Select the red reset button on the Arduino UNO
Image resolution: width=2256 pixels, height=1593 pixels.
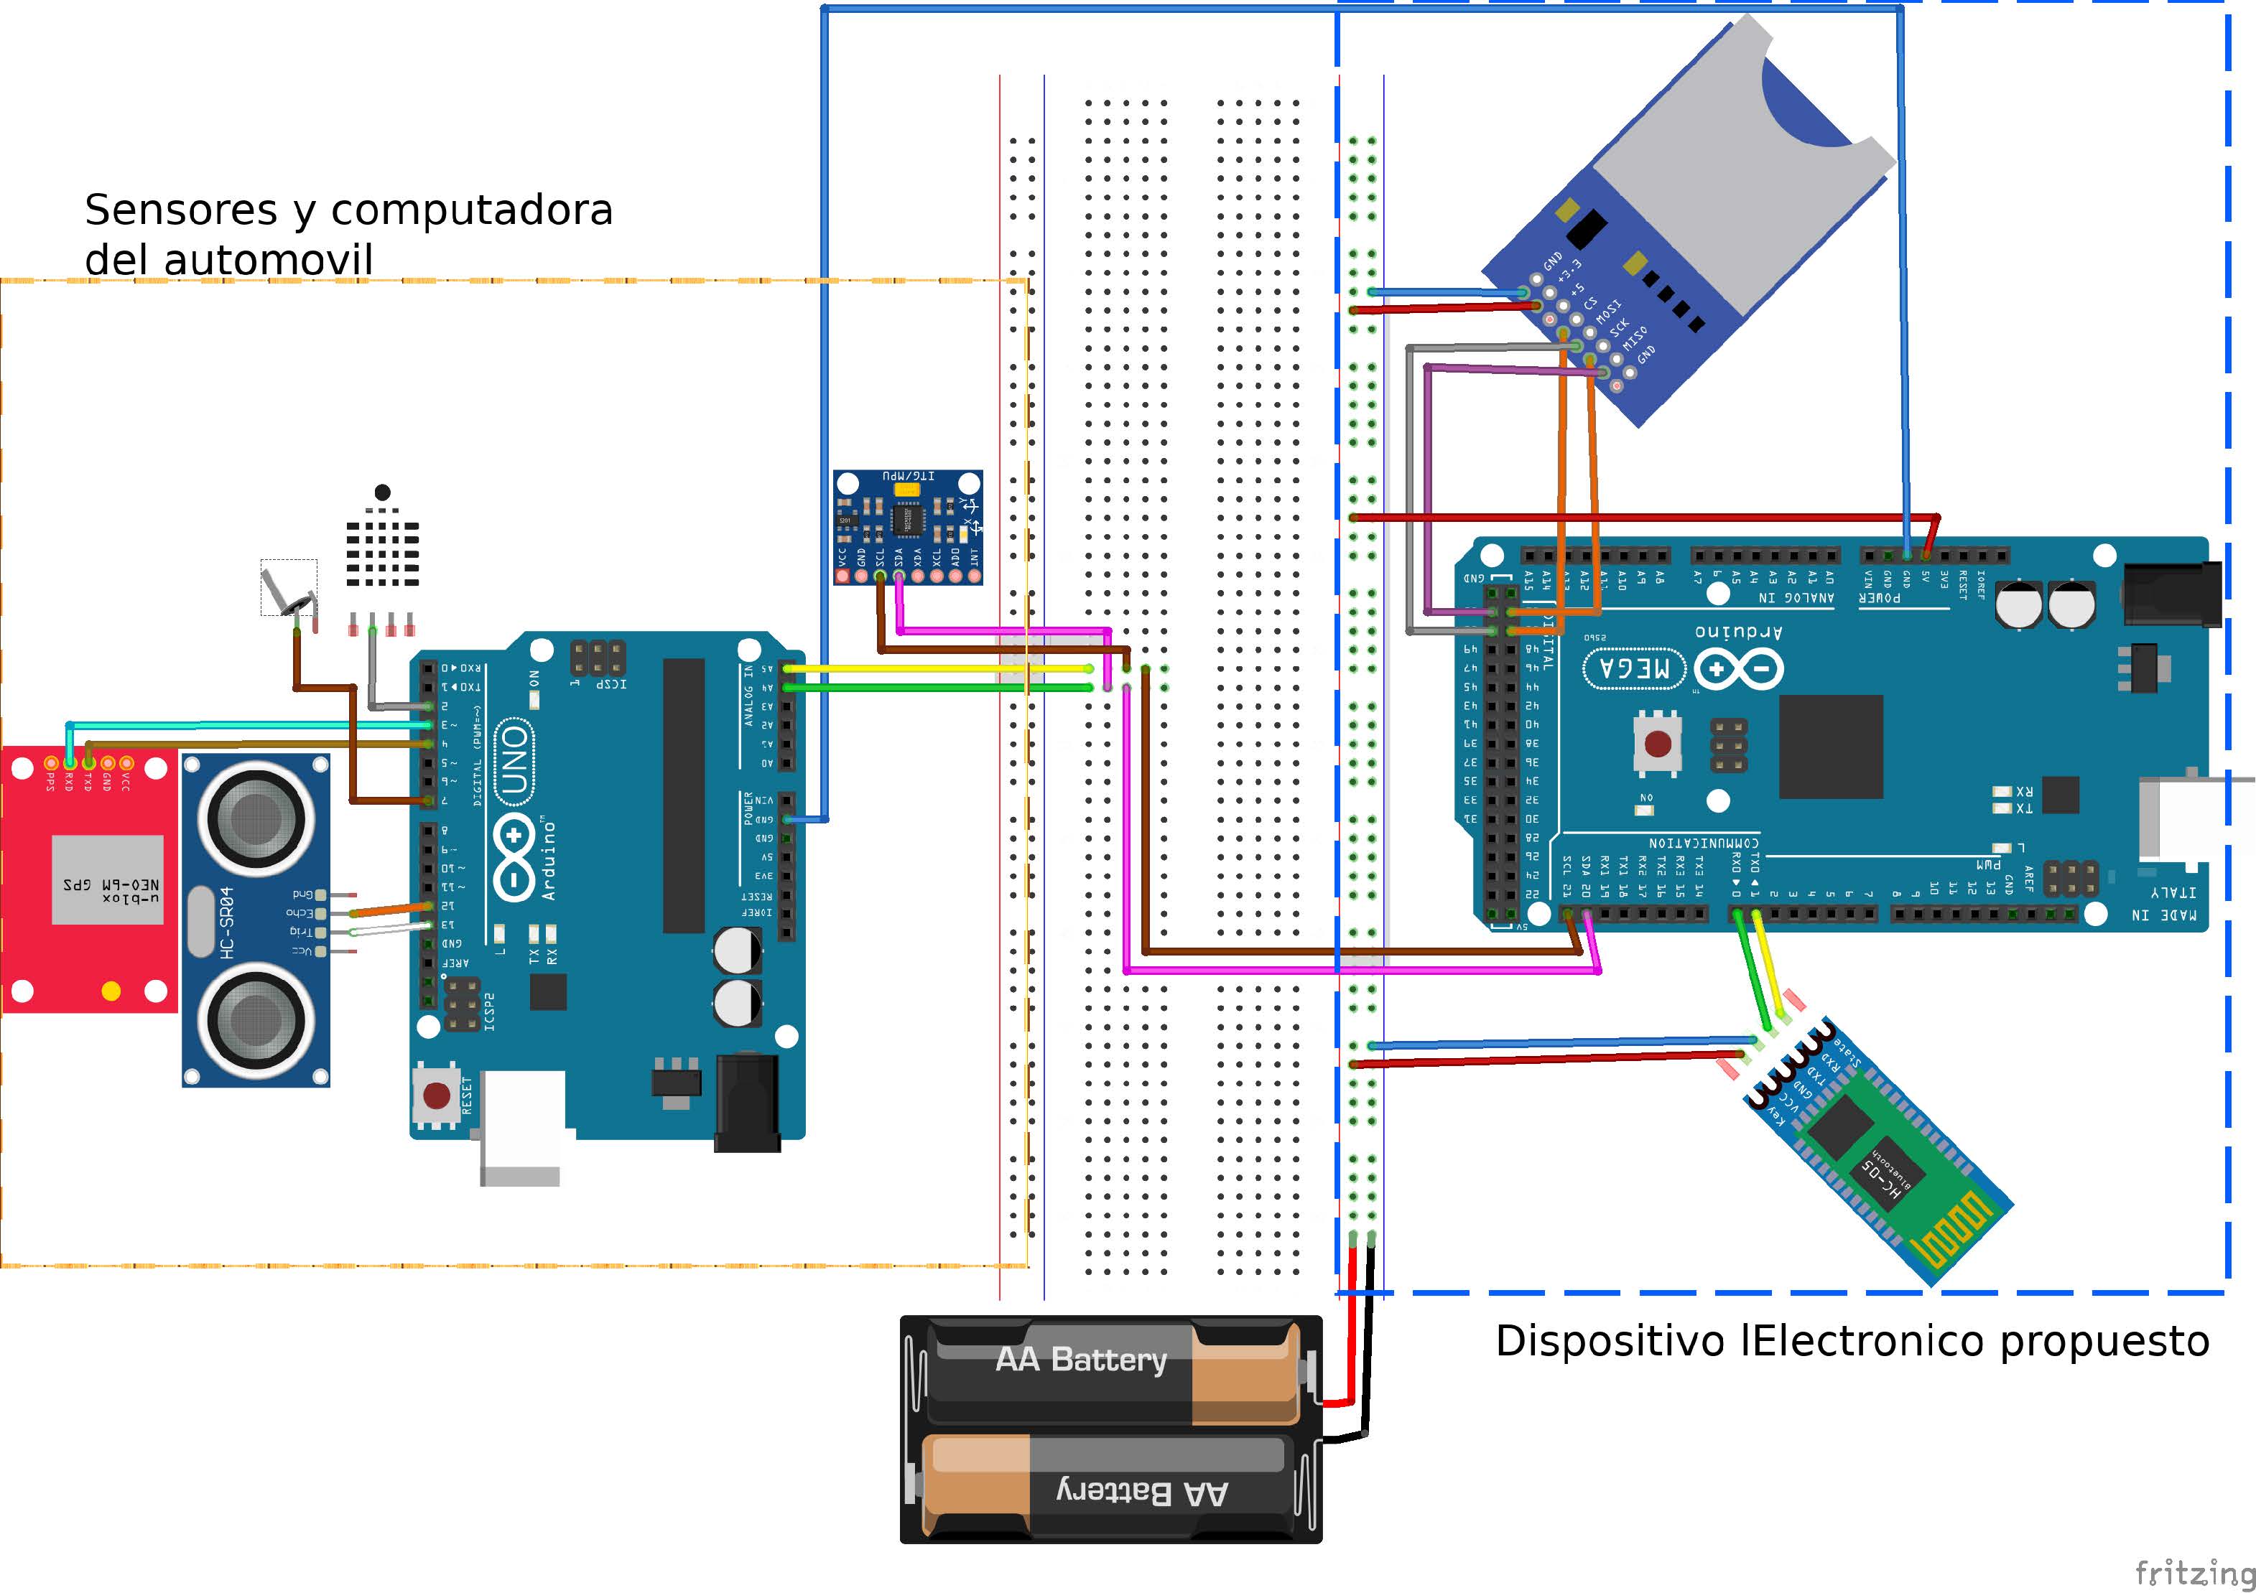tap(436, 1094)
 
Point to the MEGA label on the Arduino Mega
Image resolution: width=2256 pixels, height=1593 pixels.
tap(1634, 669)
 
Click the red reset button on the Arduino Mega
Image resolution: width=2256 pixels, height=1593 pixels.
tap(1658, 744)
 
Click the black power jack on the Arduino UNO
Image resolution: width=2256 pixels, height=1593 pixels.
tap(747, 1102)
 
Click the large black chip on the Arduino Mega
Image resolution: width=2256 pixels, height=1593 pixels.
tap(1831, 747)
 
